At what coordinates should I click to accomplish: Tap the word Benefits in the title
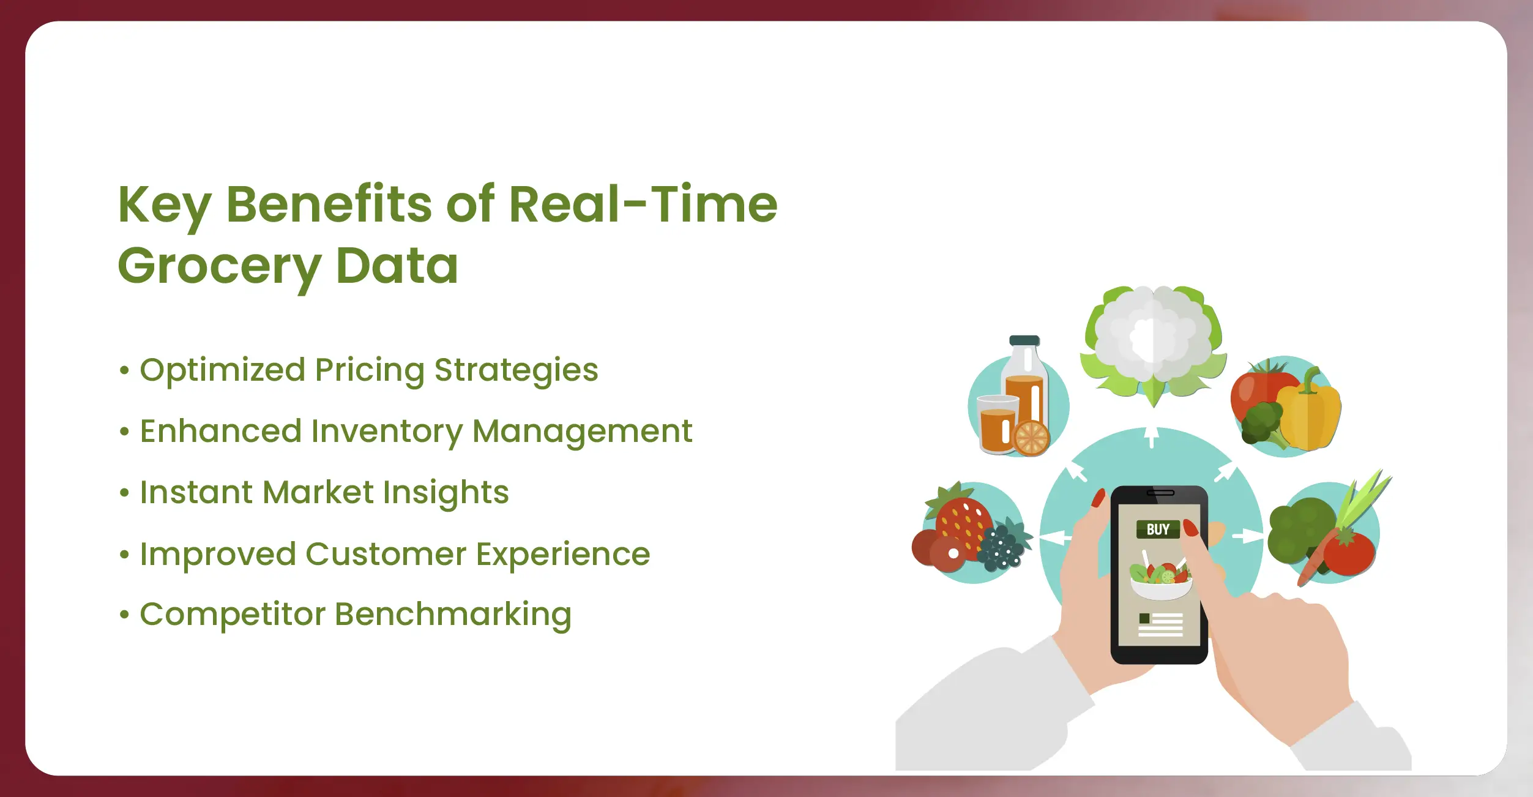click(329, 204)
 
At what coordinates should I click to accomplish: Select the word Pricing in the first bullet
click(370, 371)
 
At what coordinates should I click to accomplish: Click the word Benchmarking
click(453, 615)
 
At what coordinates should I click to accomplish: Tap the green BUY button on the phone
click(1158, 529)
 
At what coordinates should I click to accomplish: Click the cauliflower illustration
click(1153, 343)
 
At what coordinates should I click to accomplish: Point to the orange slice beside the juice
click(1031, 438)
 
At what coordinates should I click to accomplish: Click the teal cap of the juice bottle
click(1024, 340)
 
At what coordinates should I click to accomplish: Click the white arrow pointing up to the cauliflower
click(1152, 437)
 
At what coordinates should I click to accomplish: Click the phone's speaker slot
click(1160, 493)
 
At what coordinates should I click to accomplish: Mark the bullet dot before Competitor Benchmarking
click(125, 614)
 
